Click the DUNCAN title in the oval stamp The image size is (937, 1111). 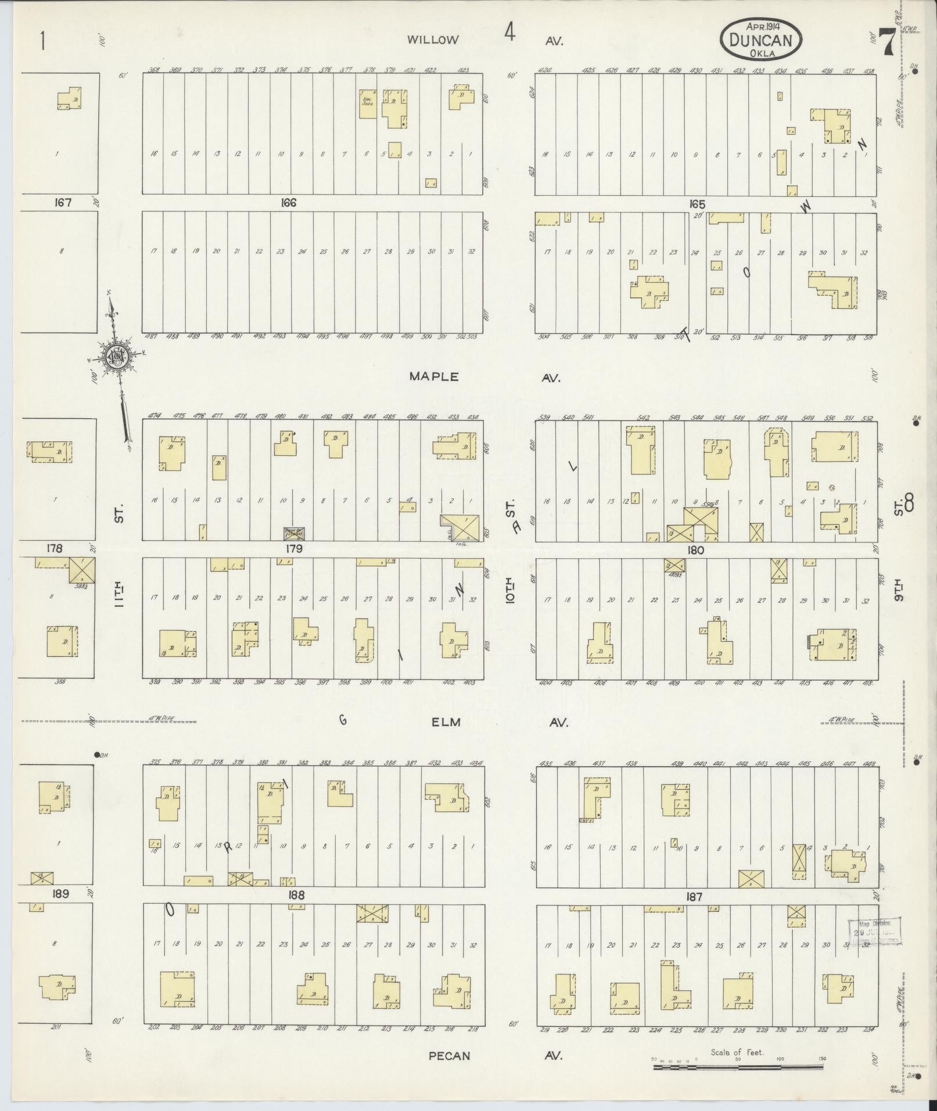(761, 39)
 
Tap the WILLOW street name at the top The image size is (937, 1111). (433, 40)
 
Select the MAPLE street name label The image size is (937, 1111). (434, 377)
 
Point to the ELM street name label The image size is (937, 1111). (446, 722)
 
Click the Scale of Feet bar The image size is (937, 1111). (737, 1066)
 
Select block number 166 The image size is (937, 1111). (288, 203)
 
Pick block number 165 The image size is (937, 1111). (697, 204)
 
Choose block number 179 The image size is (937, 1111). (294, 548)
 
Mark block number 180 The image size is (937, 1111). (695, 550)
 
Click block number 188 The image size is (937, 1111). (296, 895)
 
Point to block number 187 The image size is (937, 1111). (694, 897)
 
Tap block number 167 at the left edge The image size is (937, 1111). (62, 203)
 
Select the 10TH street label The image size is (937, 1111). (510, 591)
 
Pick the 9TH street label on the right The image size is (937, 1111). (899, 591)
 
